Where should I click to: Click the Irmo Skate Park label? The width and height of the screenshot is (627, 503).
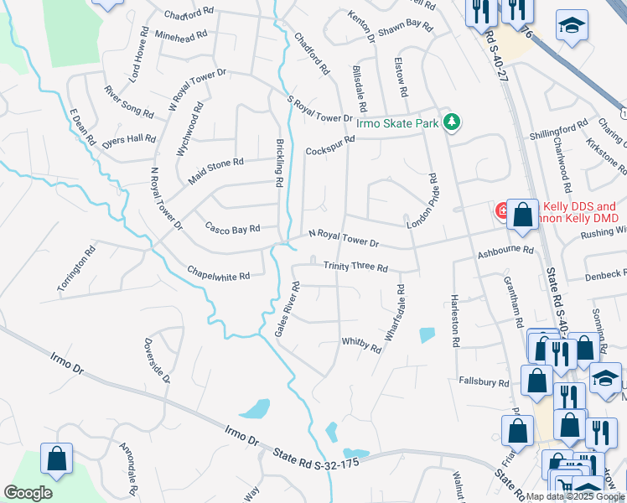click(x=397, y=123)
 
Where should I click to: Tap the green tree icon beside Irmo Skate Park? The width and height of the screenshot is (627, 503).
click(x=453, y=122)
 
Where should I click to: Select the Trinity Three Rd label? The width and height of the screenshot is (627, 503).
click(x=355, y=267)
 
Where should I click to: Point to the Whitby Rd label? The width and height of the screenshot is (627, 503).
click(x=361, y=343)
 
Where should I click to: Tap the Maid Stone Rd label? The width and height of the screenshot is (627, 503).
click(x=215, y=170)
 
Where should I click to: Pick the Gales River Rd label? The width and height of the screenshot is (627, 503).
click(x=288, y=310)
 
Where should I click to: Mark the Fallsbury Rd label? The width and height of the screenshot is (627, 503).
click(x=484, y=382)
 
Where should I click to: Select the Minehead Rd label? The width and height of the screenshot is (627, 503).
click(x=181, y=37)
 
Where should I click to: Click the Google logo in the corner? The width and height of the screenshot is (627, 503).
click(x=28, y=493)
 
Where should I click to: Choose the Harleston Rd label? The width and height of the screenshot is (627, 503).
click(x=455, y=321)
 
